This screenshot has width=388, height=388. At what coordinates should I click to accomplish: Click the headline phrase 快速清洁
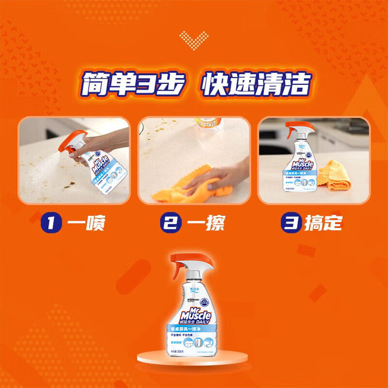[256, 84]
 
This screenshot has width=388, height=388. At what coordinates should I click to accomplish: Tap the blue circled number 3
[290, 223]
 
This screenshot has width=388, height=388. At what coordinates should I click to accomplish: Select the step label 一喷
[86, 223]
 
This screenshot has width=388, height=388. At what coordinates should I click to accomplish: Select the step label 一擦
[206, 223]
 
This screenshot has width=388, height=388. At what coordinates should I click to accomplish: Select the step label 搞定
[323, 223]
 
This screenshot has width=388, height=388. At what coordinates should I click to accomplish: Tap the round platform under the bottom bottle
[192, 359]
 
